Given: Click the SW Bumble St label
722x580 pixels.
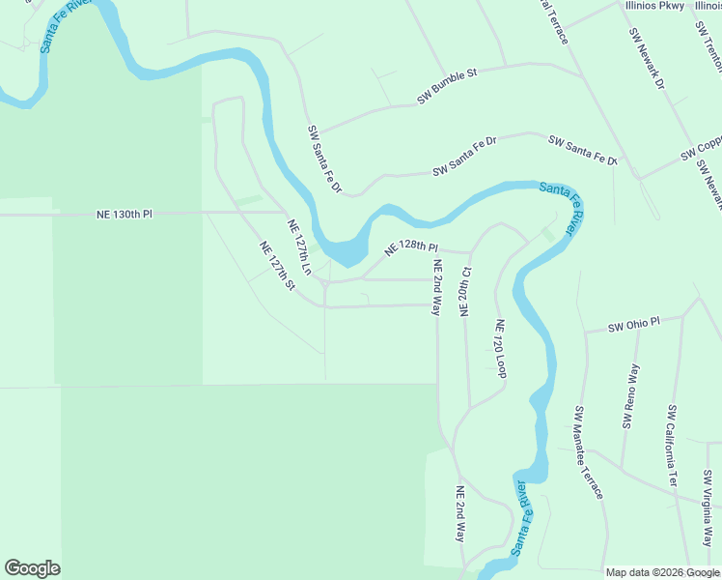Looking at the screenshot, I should click(447, 86).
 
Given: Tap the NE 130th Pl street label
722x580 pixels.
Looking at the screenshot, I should click(125, 214).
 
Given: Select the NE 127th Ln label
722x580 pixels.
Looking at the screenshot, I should click(300, 246).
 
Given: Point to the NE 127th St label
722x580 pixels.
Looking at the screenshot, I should click(276, 265).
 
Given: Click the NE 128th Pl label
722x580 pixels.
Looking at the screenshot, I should click(411, 249).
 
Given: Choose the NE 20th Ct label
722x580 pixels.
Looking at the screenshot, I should click(464, 291).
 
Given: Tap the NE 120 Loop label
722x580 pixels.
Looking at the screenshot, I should click(501, 348).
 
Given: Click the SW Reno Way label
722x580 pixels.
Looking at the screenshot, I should click(631, 396).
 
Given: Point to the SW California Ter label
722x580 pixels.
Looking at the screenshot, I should click(672, 446).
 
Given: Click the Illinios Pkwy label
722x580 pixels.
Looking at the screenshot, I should click(655, 6).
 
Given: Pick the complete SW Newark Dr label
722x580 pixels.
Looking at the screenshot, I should click(647, 59).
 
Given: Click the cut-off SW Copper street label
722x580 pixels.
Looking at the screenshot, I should click(702, 150).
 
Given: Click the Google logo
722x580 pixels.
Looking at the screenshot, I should click(32, 568).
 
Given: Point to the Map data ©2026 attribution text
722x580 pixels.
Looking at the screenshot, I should click(661, 572).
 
